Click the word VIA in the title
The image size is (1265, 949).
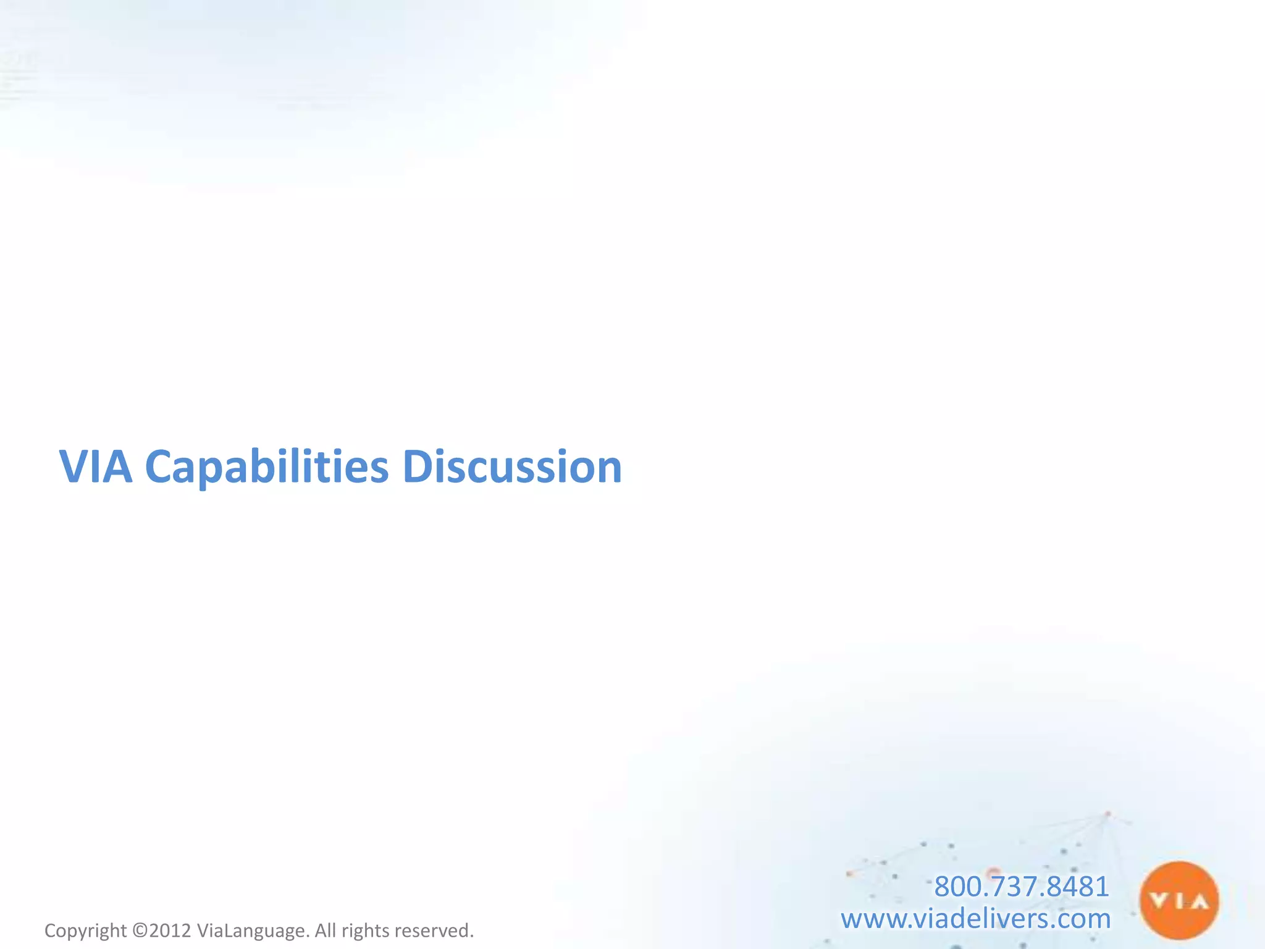(95, 466)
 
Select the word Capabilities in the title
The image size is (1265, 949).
(266, 468)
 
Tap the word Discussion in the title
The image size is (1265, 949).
(512, 466)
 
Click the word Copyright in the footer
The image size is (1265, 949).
(85, 930)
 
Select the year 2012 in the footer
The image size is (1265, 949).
(170, 930)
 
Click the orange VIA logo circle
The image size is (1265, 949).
(1179, 901)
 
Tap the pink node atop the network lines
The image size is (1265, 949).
(1107, 814)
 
